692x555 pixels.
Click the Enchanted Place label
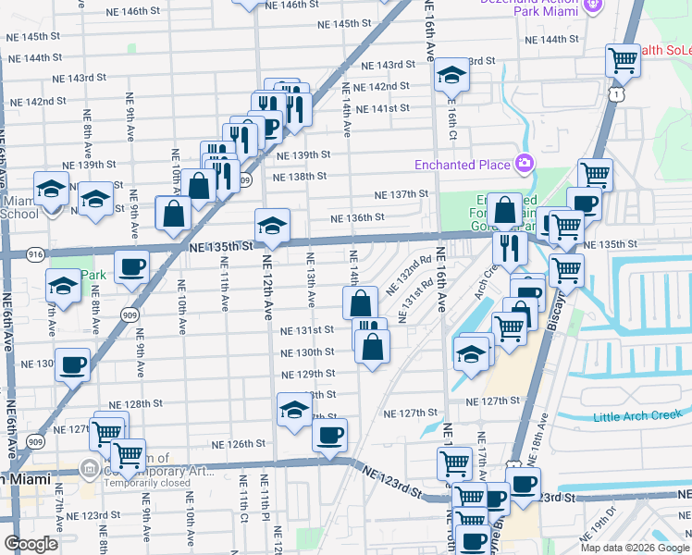pyautogui.click(x=462, y=165)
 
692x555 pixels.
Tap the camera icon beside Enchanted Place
pyautogui.click(x=525, y=164)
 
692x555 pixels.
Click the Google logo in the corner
pyautogui.click(x=31, y=544)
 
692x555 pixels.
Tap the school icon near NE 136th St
pyautogui.click(x=272, y=225)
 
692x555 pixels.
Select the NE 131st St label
pyautogui.click(x=308, y=329)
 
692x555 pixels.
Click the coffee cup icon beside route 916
pyautogui.click(x=131, y=265)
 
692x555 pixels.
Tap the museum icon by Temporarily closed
pyautogui.click(x=90, y=468)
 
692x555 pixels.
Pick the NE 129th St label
pyautogui.click(x=309, y=374)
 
